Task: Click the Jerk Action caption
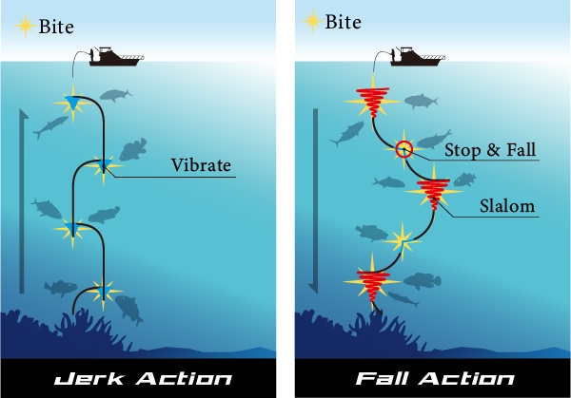tap(139, 378)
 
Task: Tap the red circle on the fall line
tap(404, 148)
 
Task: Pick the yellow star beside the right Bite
tap(310, 20)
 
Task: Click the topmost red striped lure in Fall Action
tap(368, 98)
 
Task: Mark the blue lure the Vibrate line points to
tap(102, 168)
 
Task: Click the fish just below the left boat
tap(115, 95)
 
